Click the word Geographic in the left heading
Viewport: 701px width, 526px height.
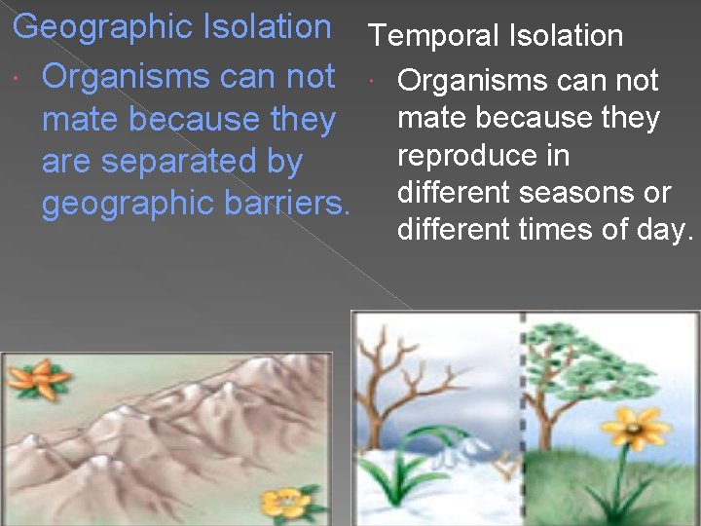(102, 26)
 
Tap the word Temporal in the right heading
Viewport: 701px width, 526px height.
(434, 36)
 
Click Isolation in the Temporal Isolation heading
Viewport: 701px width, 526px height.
(567, 36)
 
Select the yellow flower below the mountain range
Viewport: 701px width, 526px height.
(286, 504)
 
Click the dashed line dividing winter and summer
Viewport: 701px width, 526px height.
(523, 419)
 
